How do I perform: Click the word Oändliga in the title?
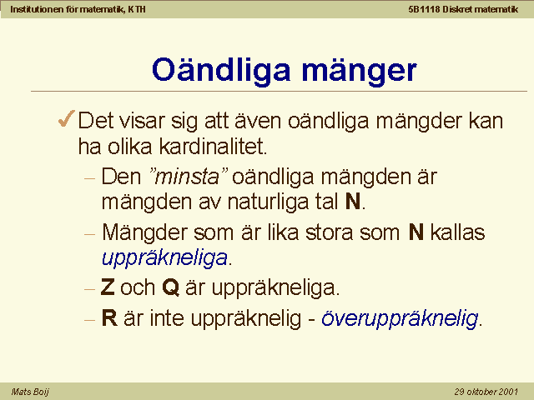point(221,70)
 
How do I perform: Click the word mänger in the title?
point(360,71)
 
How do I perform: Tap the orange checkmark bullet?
point(66,118)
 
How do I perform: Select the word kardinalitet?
point(214,147)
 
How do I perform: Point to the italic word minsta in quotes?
point(187,177)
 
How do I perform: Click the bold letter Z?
point(108,287)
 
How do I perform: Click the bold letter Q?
point(170,287)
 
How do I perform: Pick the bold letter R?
point(109,318)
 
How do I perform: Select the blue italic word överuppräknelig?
point(400,319)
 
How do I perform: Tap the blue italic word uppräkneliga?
point(165,258)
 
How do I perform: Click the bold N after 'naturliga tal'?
point(353,202)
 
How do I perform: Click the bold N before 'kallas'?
point(416,232)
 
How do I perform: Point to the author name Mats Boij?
point(30,392)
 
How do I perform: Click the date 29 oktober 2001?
point(486,392)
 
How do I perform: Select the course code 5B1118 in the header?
point(424,9)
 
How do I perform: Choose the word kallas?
point(457,232)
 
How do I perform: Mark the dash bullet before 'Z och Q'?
point(89,289)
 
